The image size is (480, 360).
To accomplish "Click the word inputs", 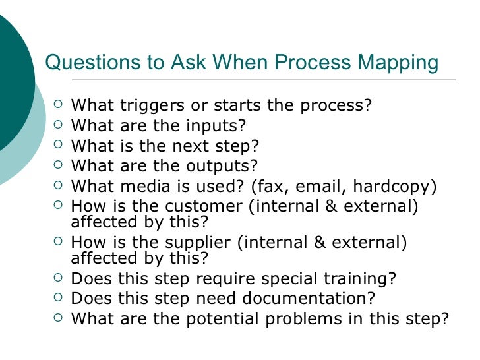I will point(215,125).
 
